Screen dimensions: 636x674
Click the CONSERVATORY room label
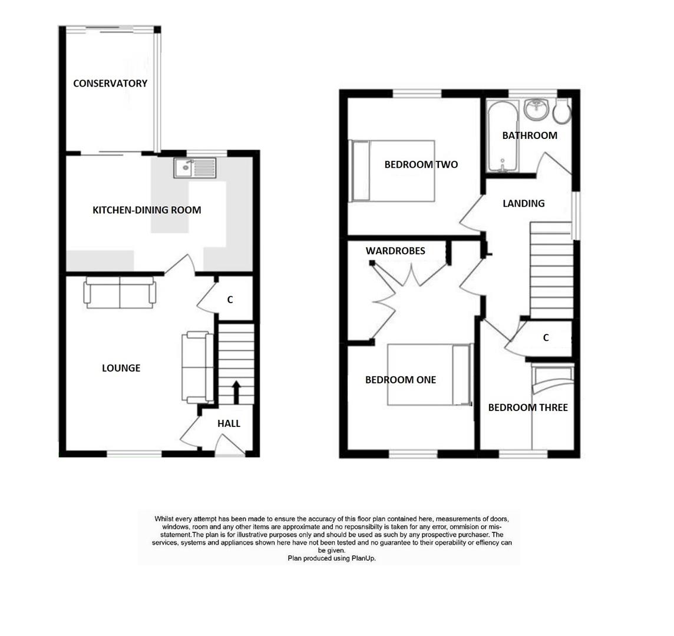pyautogui.click(x=110, y=84)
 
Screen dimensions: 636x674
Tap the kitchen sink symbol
pyautogui.click(x=194, y=168)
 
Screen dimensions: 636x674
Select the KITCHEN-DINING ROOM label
pyautogui.click(x=147, y=210)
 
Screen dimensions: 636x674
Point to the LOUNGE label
pyautogui.click(x=121, y=368)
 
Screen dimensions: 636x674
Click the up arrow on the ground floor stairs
pyautogui.click(x=236, y=392)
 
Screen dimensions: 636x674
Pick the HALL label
pyautogui.click(x=229, y=423)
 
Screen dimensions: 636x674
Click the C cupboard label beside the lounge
pyautogui.click(x=230, y=300)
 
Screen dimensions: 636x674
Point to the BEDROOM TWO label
pyautogui.click(x=421, y=165)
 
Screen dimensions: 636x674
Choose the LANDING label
pyautogui.click(x=523, y=204)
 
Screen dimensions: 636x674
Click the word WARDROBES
pyautogui.click(x=395, y=251)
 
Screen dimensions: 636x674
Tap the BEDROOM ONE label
pyautogui.click(x=401, y=380)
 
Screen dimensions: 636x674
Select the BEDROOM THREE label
pyautogui.click(x=528, y=408)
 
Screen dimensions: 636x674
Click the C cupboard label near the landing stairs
pyautogui.click(x=546, y=338)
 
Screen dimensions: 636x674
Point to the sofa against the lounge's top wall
pyautogui.click(x=120, y=292)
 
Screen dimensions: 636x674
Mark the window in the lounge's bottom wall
pyautogui.click(x=135, y=453)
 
